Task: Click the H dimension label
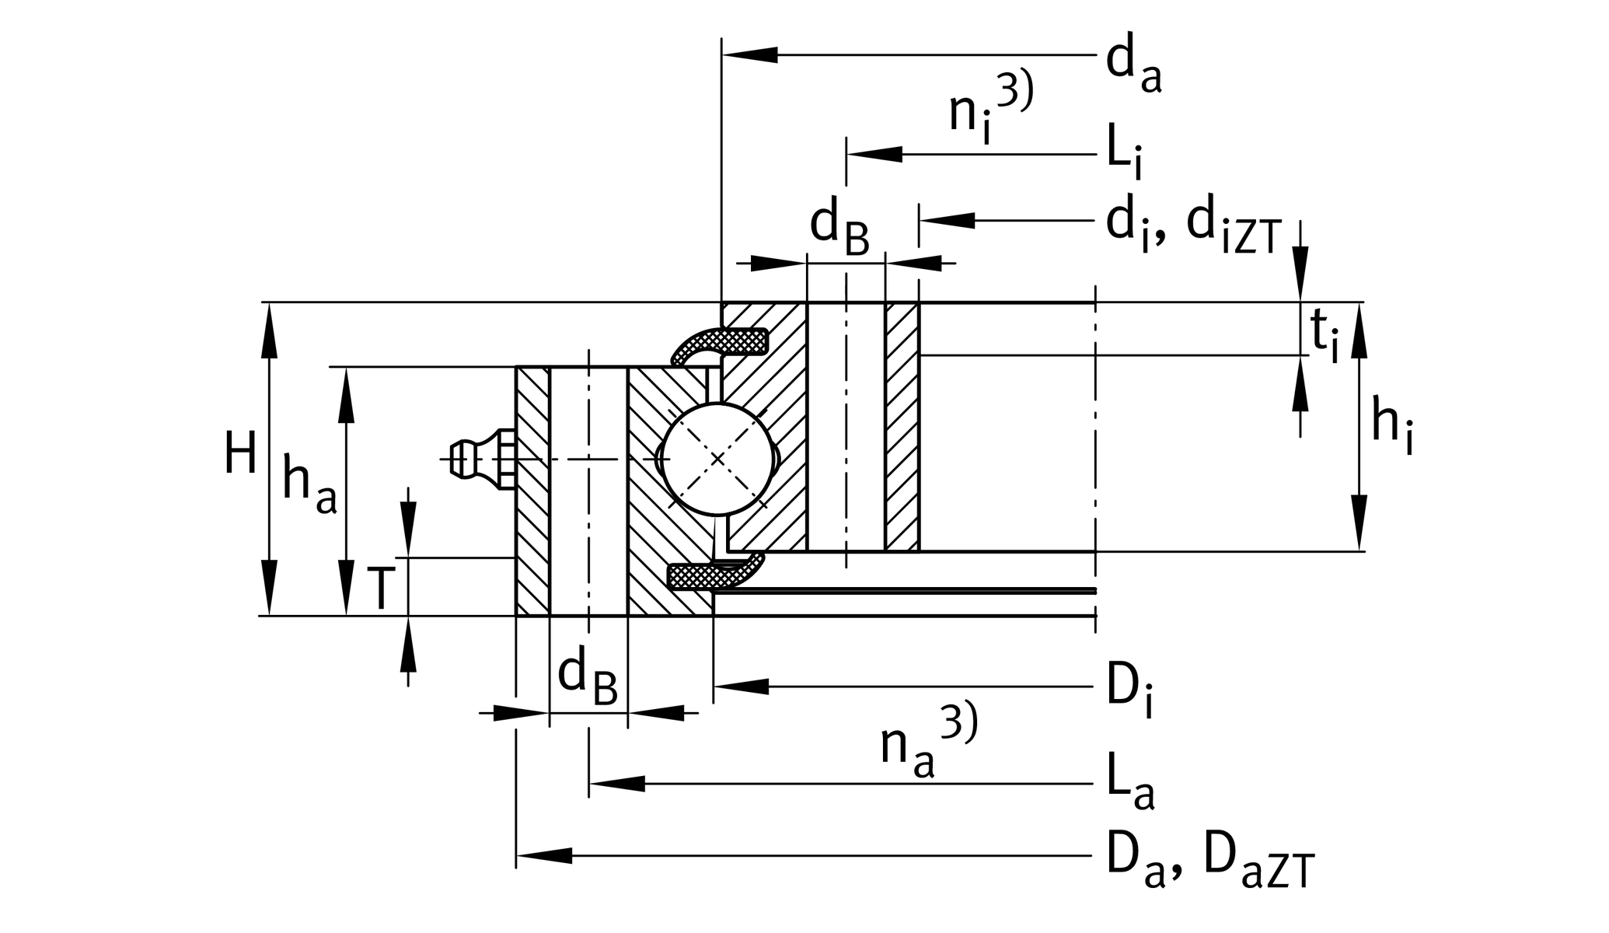(x=240, y=455)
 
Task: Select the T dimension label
(x=380, y=589)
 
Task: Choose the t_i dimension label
(x=1325, y=337)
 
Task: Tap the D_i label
(x=1129, y=690)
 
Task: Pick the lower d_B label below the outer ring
(x=587, y=677)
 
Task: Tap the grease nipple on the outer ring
(x=478, y=459)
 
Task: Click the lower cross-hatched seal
(x=711, y=575)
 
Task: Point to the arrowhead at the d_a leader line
(x=750, y=55)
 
